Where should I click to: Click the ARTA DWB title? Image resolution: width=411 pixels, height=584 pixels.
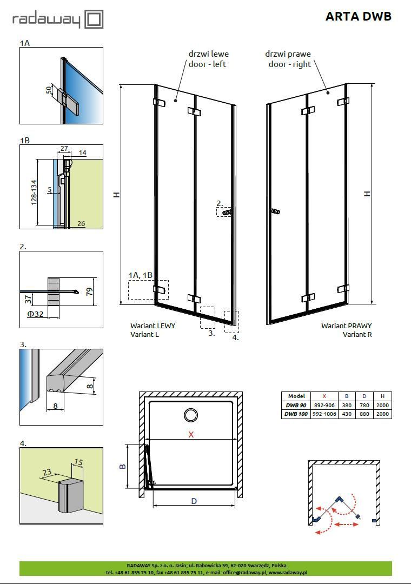(x=359, y=16)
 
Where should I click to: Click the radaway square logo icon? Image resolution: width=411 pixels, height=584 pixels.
(x=94, y=19)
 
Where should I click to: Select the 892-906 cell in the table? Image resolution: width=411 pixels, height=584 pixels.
(x=324, y=405)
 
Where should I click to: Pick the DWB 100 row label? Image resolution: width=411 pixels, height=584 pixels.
(x=296, y=414)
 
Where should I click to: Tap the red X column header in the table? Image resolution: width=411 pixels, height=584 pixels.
(x=324, y=396)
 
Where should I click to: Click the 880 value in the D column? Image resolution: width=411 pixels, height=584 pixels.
(x=364, y=414)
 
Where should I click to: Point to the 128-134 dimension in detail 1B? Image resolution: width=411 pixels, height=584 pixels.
(x=34, y=193)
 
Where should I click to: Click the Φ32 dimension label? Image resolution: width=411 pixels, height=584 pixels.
(x=35, y=314)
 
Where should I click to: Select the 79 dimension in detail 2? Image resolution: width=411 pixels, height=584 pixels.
(x=90, y=291)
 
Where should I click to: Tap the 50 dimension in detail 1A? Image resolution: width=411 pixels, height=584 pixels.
(x=49, y=90)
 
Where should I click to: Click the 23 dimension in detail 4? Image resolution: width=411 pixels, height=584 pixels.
(x=47, y=472)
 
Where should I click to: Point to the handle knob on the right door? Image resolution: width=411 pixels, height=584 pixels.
(x=275, y=211)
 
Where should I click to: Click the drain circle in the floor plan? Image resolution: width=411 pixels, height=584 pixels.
(x=191, y=415)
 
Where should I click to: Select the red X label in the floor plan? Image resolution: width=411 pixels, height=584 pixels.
(x=191, y=434)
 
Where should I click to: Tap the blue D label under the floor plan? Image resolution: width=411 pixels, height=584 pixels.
(x=194, y=501)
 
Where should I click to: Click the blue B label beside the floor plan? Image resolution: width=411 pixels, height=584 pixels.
(x=123, y=466)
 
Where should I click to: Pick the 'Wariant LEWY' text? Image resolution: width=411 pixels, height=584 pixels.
(x=153, y=326)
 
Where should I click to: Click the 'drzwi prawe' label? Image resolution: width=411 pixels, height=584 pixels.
(x=288, y=54)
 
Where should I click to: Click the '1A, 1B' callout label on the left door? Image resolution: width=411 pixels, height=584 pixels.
(x=141, y=275)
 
